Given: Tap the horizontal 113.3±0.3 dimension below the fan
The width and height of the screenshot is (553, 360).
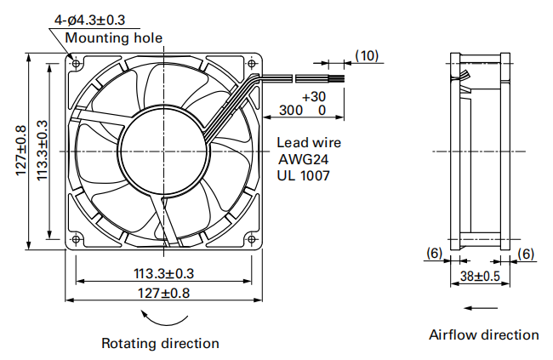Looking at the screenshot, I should [x=163, y=273].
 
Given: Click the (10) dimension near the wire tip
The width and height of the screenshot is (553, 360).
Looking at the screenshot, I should [x=367, y=55].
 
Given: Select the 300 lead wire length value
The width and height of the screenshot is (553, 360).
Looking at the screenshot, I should [x=290, y=111].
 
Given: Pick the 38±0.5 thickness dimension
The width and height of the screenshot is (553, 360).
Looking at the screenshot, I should [x=480, y=276].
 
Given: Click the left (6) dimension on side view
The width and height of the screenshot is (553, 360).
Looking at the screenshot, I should [x=434, y=253].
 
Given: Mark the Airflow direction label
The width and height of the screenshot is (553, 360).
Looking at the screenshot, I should [x=483, y=334].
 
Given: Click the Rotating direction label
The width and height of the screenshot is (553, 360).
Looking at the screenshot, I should [x=161, y=343].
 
